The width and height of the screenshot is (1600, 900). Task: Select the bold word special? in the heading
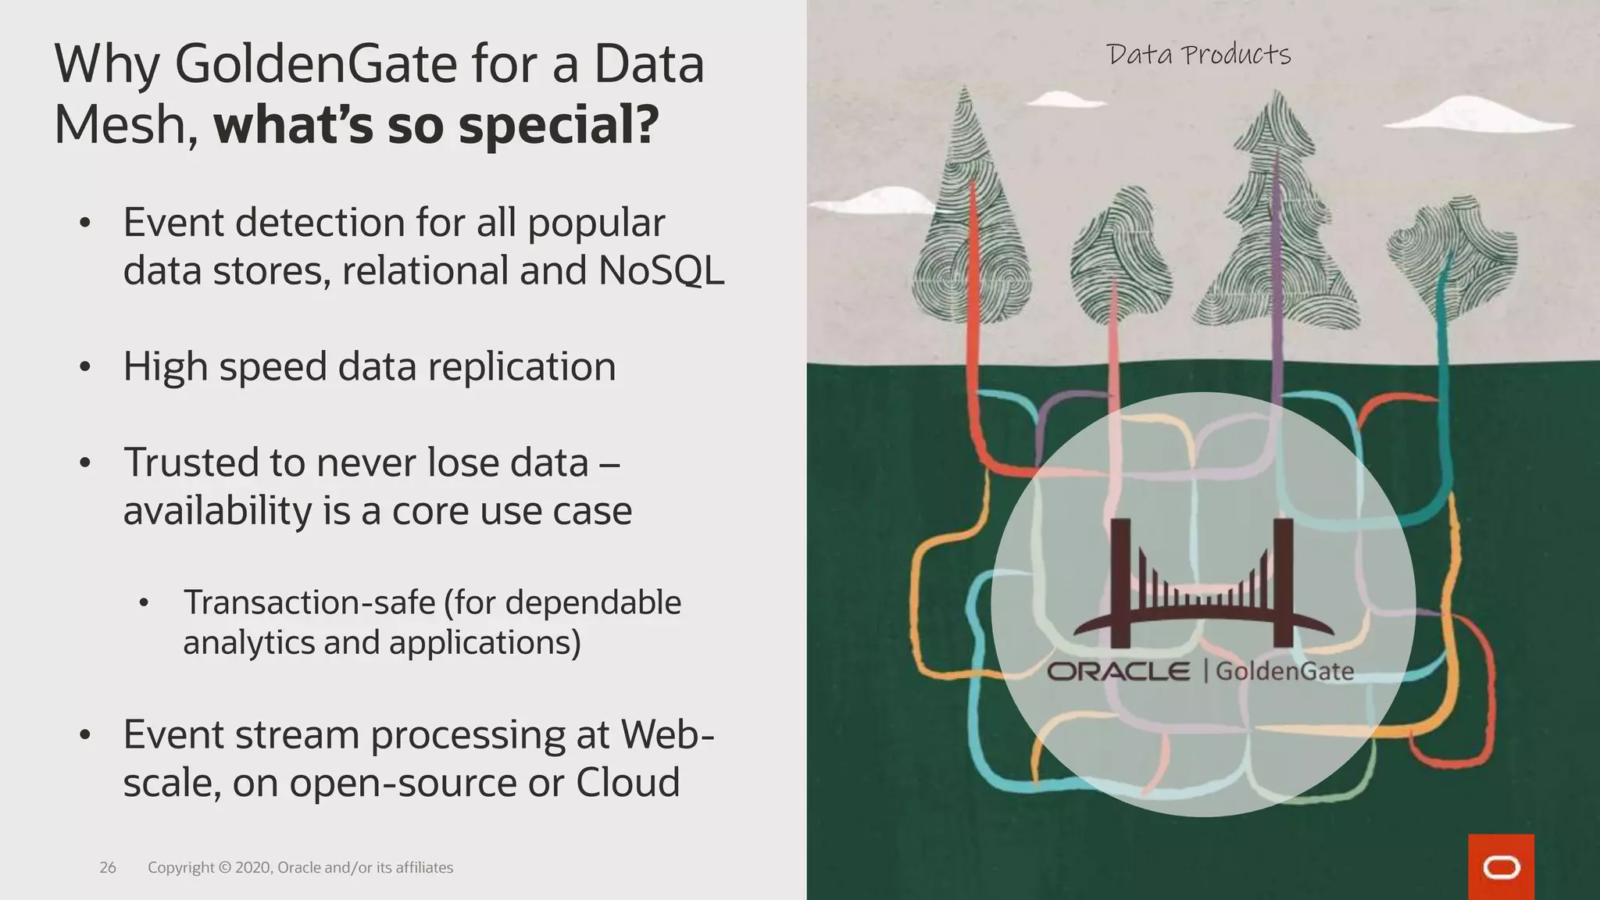[x=559, y=125]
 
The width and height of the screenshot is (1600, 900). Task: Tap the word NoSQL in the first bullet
[x=661, y=271]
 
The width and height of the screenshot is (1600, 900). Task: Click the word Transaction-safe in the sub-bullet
[x=309, y=602]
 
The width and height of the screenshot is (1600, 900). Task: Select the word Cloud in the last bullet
[x=627, y=782]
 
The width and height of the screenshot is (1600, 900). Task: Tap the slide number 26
[x=108, y=867]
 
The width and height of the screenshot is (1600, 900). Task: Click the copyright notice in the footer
[x=300, y=867]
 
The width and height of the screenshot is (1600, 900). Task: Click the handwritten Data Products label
[x=1198, y=55]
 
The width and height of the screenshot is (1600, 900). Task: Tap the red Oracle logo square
[x=1501, y=866]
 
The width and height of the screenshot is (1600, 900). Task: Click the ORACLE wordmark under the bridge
[x=1118, y=671]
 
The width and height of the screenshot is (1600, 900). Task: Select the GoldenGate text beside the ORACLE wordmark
[x=1284, y=671]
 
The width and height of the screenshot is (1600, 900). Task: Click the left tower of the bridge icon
[x=1120, y=582]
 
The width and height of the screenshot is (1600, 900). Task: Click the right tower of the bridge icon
[x=1283, y=582]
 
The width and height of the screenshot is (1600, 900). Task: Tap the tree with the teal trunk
[x=1452, y=258]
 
